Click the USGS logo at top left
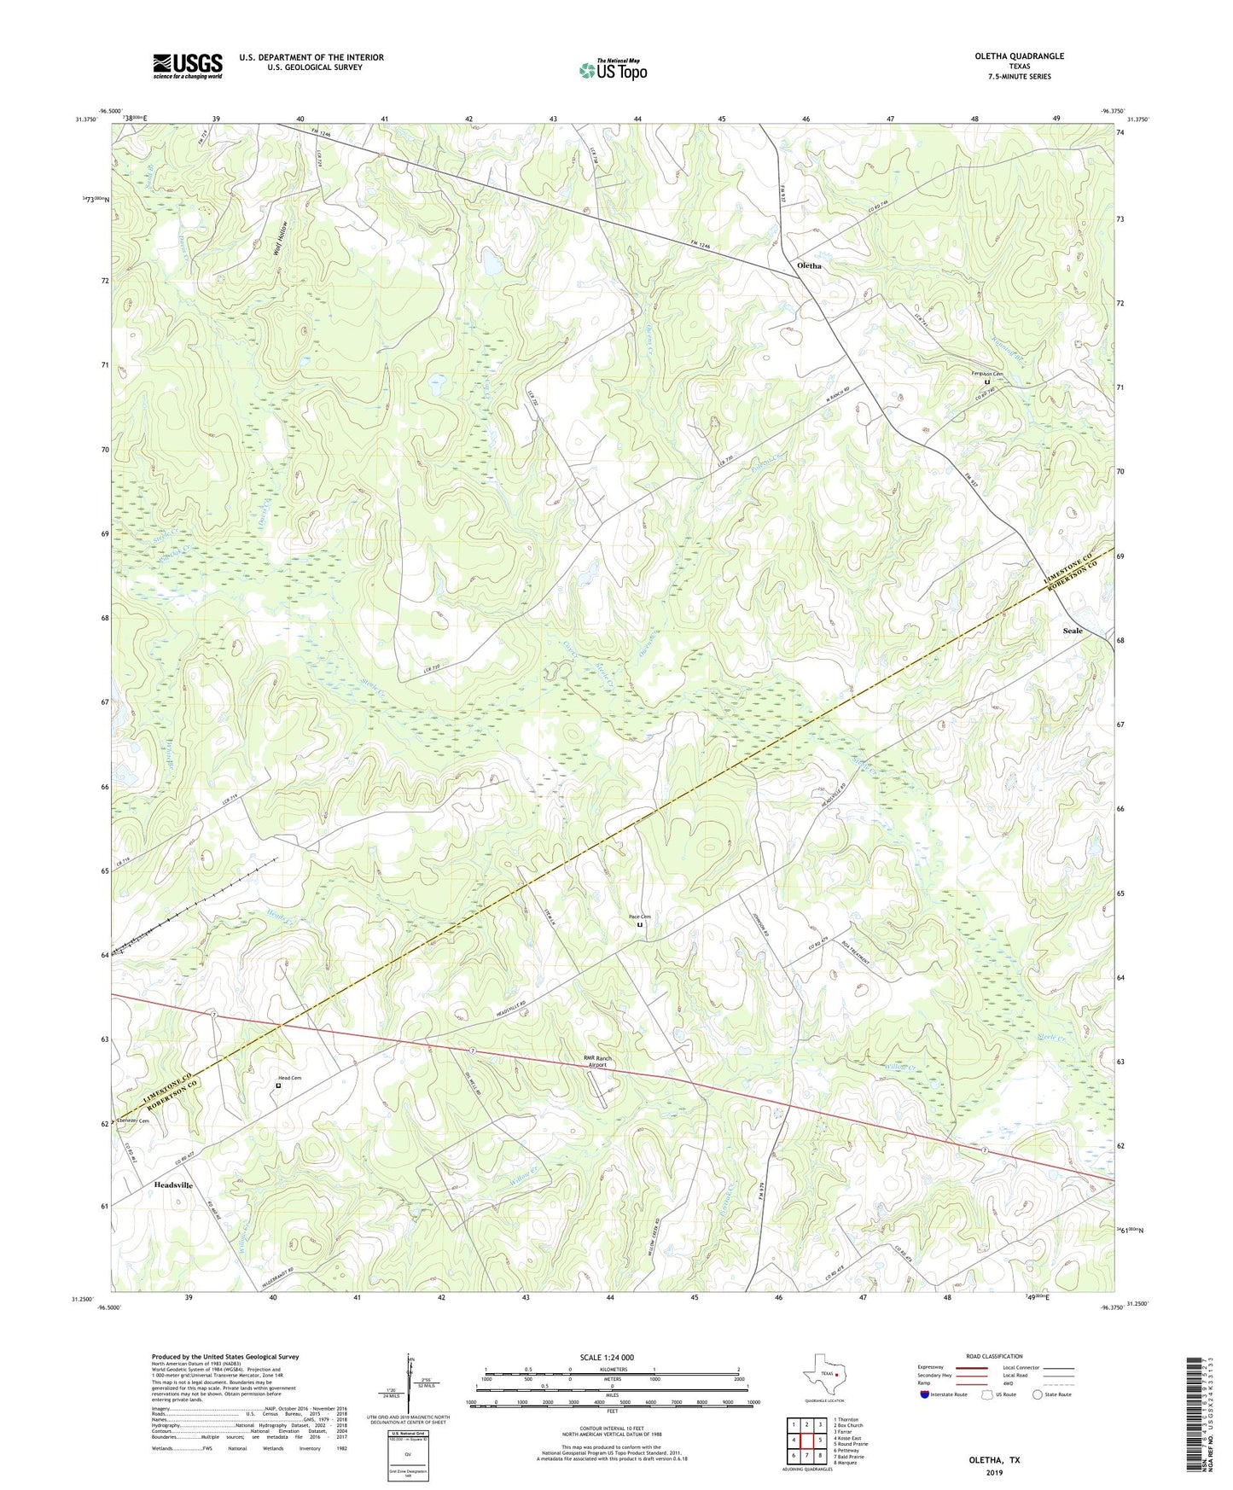[188, 66]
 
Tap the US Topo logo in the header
[612, 70]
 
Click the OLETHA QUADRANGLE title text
[1019, 56]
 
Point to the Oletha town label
[809, 265]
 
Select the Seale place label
[1072, 631]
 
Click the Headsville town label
[173, 1185]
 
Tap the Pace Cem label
[640, 917]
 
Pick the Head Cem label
[290, 1078]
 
